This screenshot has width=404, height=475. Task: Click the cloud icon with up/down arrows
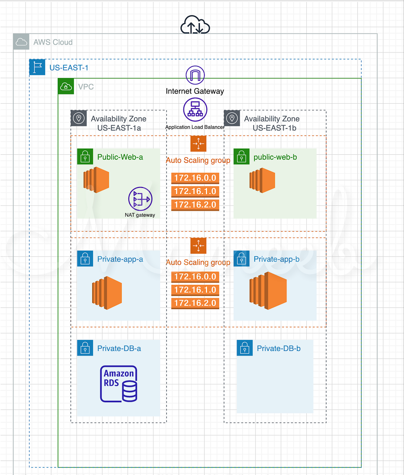point(195,25)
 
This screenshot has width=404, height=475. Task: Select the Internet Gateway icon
point(195,75)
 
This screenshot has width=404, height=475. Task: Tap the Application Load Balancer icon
point(195,109)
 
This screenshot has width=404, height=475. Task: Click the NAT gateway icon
point(140,199)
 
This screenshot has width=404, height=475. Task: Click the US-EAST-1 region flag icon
point(37,67)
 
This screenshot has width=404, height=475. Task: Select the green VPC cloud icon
point(66,86)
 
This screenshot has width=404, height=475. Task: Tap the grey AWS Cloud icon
point(21,42)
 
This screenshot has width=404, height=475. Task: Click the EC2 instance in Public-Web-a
point(96,180)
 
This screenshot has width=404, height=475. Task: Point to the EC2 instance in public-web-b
point(262,180)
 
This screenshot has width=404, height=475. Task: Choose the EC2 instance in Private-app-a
point(107,293)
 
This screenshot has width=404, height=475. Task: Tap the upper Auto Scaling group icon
point(198,144)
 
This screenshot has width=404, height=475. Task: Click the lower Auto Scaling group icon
point(198,246)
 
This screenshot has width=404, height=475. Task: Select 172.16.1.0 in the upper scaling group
point(195,191)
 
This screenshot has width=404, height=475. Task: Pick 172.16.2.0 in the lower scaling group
point(195,303)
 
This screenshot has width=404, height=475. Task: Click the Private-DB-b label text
point(278,348)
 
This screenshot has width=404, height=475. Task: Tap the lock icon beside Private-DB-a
point(85,348)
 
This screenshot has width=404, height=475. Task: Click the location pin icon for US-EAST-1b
point(232,118)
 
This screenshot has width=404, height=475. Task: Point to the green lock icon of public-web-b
point(242,157)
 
